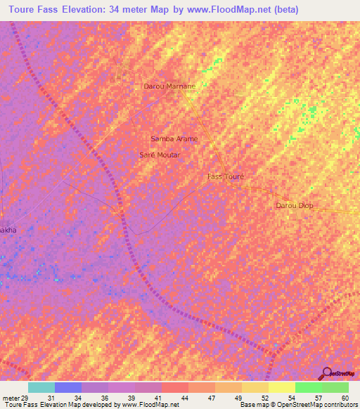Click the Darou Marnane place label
click(x=169, y=86)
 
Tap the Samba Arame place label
click(x=174, y=138)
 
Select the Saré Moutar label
click(x=160, y=155)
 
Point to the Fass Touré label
click(x=226, y=177)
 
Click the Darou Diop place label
click(x=294, y=205)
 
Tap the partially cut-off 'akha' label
click(x=8, y=230)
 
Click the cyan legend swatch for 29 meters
click(x=41, y=387)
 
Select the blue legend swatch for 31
click(x=68, y=387)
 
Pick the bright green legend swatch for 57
click(x=308, y=387)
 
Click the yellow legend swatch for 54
click(x=281, y=387)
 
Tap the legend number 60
click(x=345, y=398)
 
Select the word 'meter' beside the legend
click(x=10, y=398)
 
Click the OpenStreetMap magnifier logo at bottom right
click(x=326, y=373)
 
